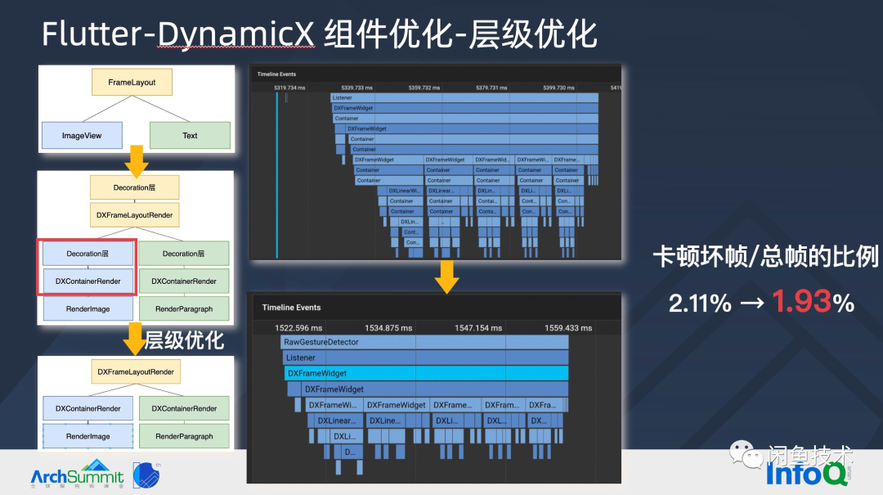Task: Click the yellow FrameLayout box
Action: click(x=132, y=83)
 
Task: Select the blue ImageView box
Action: click(x=82, y=136)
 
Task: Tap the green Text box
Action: click(x=190, y=136)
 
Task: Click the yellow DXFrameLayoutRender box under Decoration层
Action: click(x=135, y=216)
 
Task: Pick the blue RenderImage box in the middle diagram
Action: click(x=87, y=309)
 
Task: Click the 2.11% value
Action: click(x=700, y=304)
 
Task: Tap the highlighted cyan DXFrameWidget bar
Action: click(x=425, y=373)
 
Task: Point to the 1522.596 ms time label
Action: click(x=299, y=328)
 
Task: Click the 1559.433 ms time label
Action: click(x=568, y=328)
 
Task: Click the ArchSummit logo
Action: click(x=77, y=474)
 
